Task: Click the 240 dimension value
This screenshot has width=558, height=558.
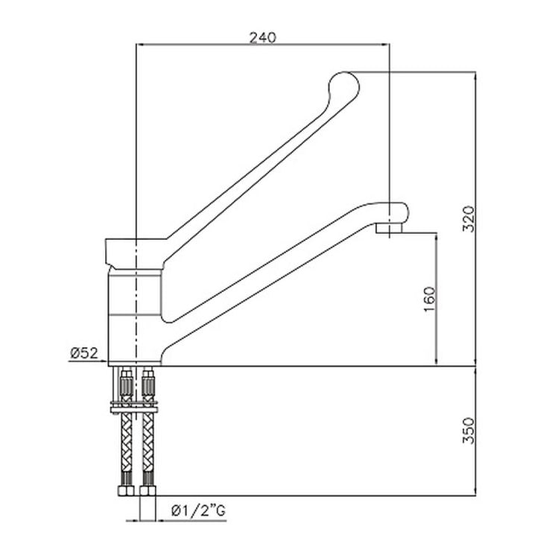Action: point(263,38)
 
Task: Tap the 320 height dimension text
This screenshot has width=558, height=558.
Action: point(469,219)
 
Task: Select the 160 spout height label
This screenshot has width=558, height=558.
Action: point(430,299)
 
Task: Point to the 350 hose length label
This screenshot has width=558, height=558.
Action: point(469,431)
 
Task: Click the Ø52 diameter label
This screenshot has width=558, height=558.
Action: point(84,353)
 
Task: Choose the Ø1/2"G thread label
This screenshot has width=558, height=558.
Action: point(198,511)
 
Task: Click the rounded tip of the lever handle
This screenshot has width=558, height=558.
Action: point(343,86)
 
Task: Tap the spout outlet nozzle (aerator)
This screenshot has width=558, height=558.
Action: point(390,228)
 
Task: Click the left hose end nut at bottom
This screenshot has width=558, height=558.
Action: point(126,491)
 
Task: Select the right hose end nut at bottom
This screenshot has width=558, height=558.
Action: point(148,491)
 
